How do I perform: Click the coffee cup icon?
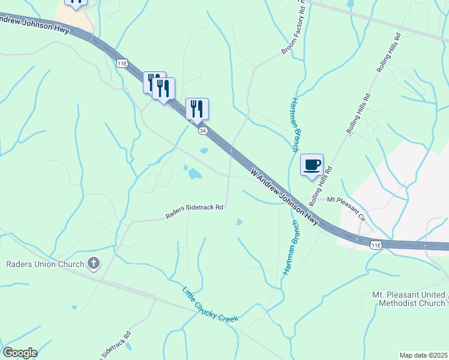click(x=312, y=165)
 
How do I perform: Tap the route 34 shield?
click(x=203, y=130)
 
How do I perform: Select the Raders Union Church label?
click(x=45, y=263)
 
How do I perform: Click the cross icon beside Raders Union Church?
click(x=94, y=263)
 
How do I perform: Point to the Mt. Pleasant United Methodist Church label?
click(x=408, y=299)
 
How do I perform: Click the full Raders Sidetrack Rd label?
click(x=194, y=208)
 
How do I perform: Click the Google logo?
click(x=20, y=353)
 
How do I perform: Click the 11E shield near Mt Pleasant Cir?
click(x=376, y=245)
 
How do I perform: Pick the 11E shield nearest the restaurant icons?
click(x=123, y=62)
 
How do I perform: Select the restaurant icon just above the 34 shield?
click(x=197, y=109)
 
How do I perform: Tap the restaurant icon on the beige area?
click(x=76, y=2)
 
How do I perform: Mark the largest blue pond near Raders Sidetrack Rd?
click(x=195, y=174)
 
